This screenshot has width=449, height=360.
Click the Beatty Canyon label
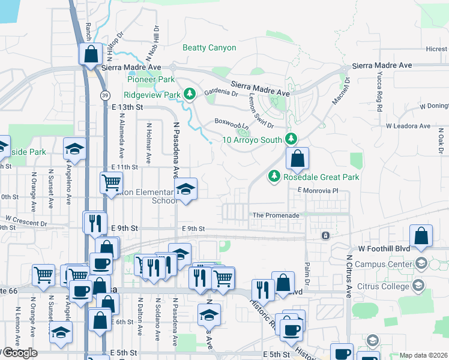209,48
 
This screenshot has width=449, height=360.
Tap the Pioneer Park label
151,79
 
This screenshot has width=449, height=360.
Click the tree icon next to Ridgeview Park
190,94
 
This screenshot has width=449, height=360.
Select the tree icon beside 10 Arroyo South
291,139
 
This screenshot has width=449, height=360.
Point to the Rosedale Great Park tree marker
274,176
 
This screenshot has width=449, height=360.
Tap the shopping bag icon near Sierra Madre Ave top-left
91,53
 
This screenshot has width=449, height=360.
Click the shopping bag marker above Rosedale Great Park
297,158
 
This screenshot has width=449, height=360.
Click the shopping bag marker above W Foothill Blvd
421,236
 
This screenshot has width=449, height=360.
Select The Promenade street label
276,215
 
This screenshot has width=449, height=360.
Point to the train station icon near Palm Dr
325,235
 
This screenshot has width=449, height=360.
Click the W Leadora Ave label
408,126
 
